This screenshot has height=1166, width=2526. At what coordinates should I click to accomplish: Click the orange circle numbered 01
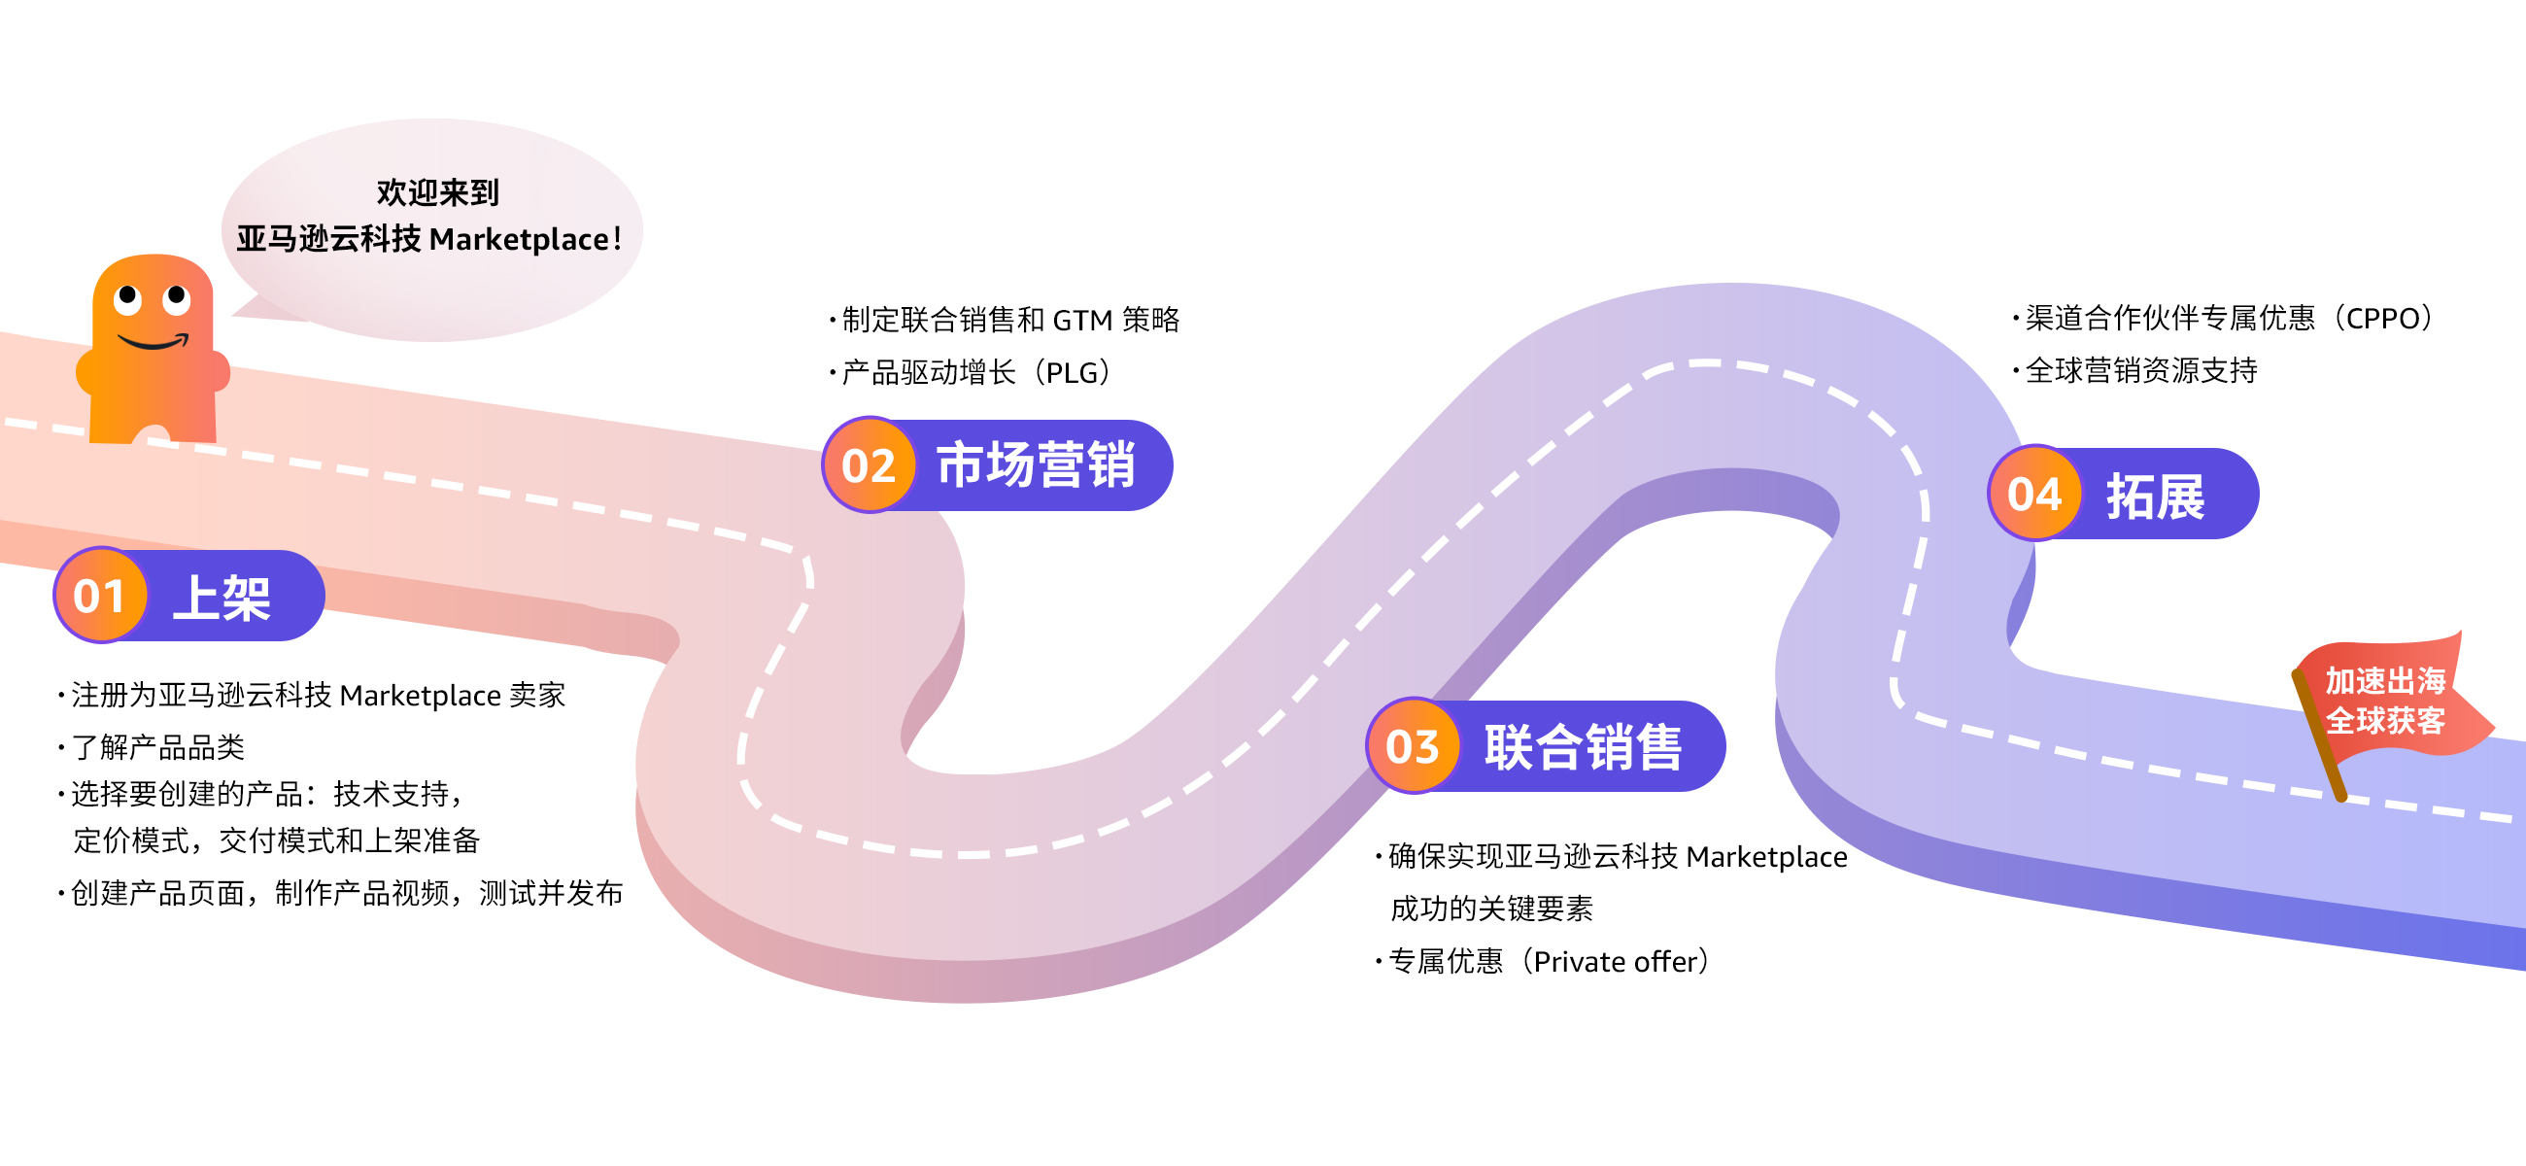[x=99, y=596]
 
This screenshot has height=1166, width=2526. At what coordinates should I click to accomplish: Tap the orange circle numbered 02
[x=869, y=464]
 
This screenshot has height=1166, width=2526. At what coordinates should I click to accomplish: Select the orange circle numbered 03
[x=1412, y=746]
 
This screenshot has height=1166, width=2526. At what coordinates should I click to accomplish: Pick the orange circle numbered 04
[x=2034, y=494]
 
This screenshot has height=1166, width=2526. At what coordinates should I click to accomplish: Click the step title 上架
[x=222, y=598]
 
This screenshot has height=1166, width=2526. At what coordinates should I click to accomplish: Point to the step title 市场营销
[x=1036, y=464]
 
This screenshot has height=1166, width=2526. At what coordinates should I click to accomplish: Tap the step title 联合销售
[x=1583, y=747]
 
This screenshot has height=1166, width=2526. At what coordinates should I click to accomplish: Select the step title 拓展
[x=2155, y=497]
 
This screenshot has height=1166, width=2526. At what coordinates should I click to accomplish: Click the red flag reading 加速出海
[x=2385, y=679]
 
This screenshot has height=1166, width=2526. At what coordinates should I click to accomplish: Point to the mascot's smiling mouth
[x=153, y=343]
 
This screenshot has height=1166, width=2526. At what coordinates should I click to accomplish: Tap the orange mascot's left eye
[x=127, y=297]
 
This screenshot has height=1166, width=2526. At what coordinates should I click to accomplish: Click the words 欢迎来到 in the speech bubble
[x=437, y=192]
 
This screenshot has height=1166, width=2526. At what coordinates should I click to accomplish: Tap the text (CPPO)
[x=2383, y=318]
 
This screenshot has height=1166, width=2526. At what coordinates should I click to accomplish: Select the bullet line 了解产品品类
[x=156, y=747]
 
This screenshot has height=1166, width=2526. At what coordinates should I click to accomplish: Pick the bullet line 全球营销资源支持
[x=2140, y=370]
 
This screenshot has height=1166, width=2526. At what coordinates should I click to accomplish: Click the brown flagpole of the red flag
[x=2320, y=737]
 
